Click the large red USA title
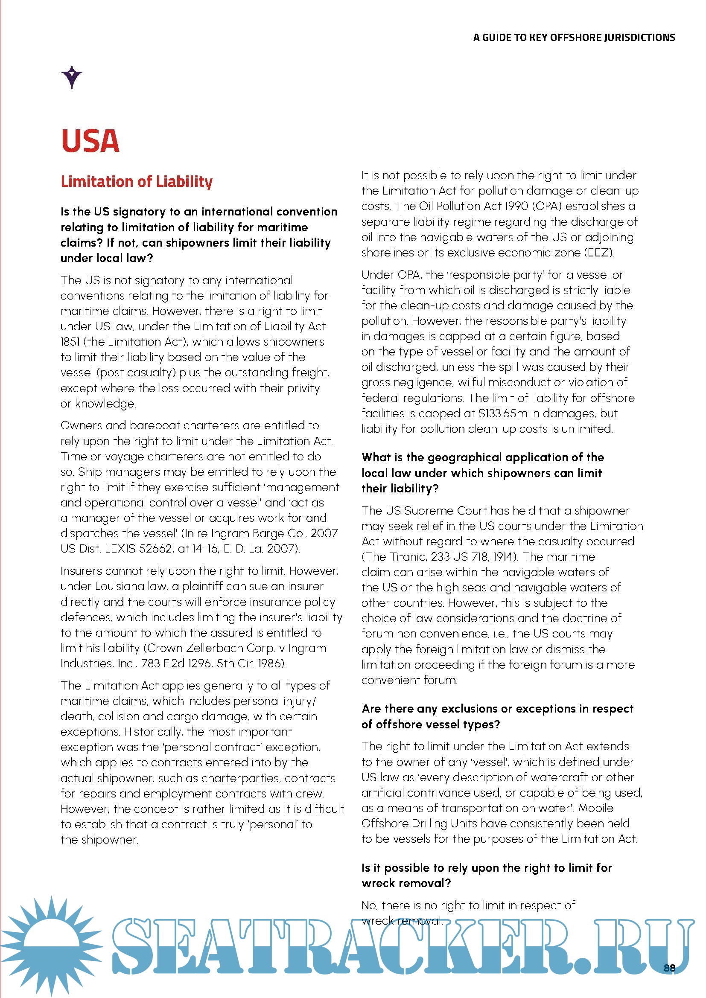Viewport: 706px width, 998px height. coord(90,141)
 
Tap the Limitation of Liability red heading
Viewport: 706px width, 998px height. coord(137,181)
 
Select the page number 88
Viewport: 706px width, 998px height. coord(669,968)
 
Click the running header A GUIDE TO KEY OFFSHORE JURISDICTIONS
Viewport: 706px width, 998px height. coord(574,38)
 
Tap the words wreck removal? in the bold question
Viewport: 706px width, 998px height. coord(406,883)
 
